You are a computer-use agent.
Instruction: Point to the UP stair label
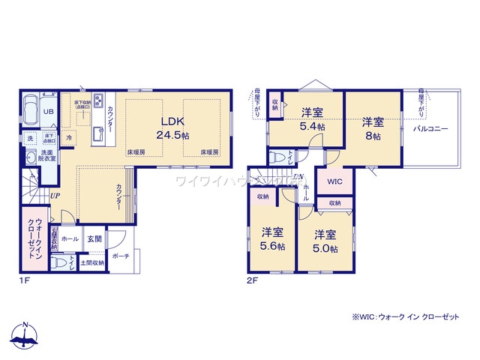[55, 196]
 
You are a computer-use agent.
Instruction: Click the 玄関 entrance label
[94, 238]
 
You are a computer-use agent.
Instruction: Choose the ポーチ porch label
[120, 256]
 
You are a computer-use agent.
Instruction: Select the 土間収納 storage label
[94, 263]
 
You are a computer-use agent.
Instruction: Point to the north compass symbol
[25, 335]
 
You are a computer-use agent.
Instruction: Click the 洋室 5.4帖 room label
[313, 120]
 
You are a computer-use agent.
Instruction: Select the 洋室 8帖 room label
[373, 128]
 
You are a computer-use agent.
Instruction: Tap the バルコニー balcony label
[430, 129]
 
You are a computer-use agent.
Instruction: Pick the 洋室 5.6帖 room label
[271, 238]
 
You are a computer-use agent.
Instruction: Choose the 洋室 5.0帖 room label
[325, 240]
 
